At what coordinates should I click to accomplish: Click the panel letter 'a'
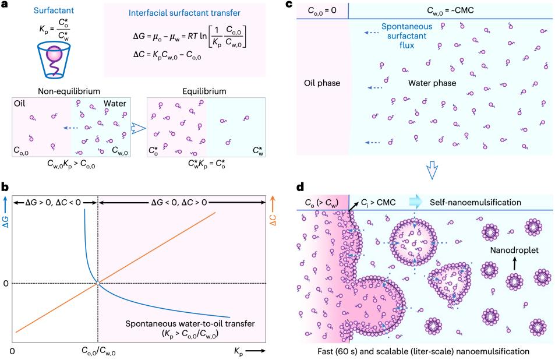point(6,5)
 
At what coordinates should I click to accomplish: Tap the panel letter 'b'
point(6,188)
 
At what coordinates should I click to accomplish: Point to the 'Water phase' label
point(432,83)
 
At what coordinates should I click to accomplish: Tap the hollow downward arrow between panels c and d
point(432,170)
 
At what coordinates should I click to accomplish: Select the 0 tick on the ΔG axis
point(6,283)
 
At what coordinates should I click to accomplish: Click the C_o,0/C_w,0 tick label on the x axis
point(97,351)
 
